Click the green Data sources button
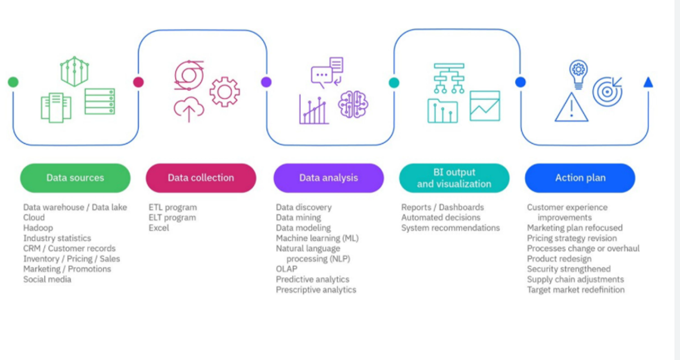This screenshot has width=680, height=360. (75, 178)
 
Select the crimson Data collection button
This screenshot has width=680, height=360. (201, 178)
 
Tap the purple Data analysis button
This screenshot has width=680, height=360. (329, 178)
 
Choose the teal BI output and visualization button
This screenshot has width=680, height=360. (454, 178)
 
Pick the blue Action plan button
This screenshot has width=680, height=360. (580, 178)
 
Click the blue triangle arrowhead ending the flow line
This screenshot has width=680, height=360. (648, 82)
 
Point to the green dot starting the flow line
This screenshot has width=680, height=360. (13, 82)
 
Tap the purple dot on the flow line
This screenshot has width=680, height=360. (266, 82)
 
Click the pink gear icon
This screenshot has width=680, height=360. (224, 92)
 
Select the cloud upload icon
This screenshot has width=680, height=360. (189, 109)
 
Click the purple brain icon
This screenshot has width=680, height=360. (353, 105)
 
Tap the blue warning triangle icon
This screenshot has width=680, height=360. (572, 107)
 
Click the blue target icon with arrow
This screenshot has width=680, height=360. (607, 91)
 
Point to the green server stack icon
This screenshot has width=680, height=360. (100, 101)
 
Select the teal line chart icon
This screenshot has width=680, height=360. (484, 106)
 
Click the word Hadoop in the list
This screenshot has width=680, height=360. (38, 228)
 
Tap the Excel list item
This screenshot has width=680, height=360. (159, 228)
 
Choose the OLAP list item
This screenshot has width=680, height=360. (286, 269)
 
